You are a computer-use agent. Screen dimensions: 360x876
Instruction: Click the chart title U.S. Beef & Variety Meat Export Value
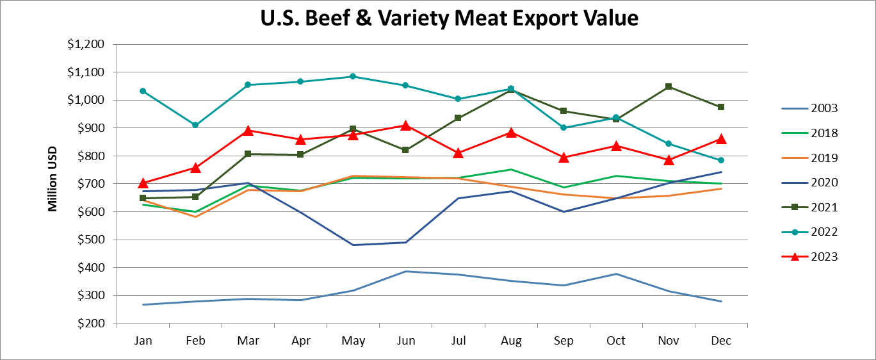click(x=449, y=18)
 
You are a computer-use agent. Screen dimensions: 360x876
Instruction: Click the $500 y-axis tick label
click(x=92, y=240)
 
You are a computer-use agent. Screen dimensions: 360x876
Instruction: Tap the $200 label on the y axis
click(x=92, y=324)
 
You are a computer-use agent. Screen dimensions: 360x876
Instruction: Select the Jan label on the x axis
click(x=143, y=341)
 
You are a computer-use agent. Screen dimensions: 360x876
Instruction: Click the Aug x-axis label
click(x=511, y=341)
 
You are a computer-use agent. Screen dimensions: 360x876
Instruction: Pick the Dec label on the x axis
click(x=721, y=341)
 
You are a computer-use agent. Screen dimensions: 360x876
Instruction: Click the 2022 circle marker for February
click(x=195, y=125)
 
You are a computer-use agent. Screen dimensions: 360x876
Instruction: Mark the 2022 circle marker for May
click(x=353, y=76)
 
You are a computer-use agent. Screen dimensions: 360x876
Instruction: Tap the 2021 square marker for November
click(x=669, y=86)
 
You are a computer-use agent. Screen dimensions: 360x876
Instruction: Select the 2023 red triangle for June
click(x=405, y=125)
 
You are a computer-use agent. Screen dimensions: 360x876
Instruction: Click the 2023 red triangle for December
click(x=721, y=139)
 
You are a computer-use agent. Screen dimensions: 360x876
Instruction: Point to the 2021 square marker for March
click(x=248, y=154)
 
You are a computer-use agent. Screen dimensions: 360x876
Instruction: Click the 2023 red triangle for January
click(x=143, y=183)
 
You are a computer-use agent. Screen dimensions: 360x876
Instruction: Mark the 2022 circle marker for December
click(x=721, y=160)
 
